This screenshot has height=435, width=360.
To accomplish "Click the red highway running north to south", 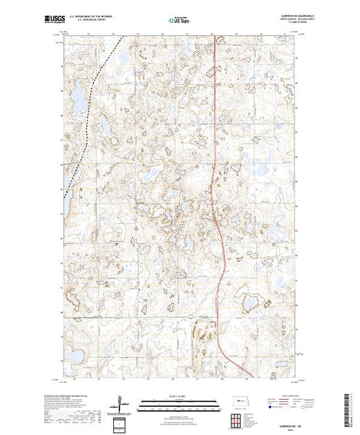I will coord(216,173).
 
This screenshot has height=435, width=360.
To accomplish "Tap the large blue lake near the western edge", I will coord(79,102).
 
